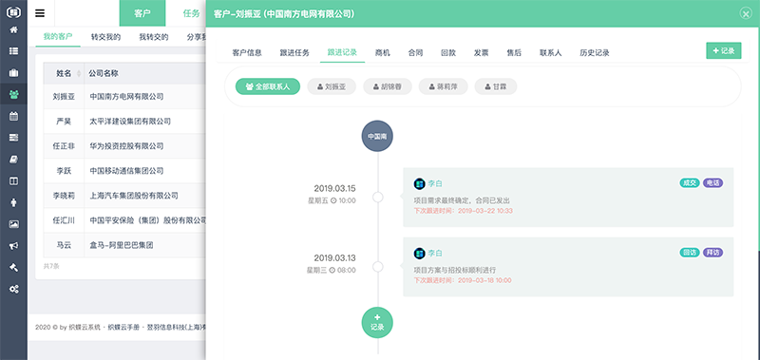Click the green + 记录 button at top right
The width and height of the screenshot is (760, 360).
724,50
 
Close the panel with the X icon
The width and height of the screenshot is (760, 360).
746,14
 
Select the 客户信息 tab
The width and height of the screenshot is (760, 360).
247,53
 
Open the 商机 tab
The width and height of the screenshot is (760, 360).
383,53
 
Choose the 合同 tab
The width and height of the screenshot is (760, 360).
415,53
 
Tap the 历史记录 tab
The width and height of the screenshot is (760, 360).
594,53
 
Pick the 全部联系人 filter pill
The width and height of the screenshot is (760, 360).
268,86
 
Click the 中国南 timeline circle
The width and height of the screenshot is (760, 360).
377,137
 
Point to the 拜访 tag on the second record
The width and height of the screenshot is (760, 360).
712,253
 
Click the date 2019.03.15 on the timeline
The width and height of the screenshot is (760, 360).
334,188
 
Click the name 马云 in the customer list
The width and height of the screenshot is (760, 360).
64,244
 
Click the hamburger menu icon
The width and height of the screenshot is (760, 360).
40,13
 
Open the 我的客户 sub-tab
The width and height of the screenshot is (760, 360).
58,36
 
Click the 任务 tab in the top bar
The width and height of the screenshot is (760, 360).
191,13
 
